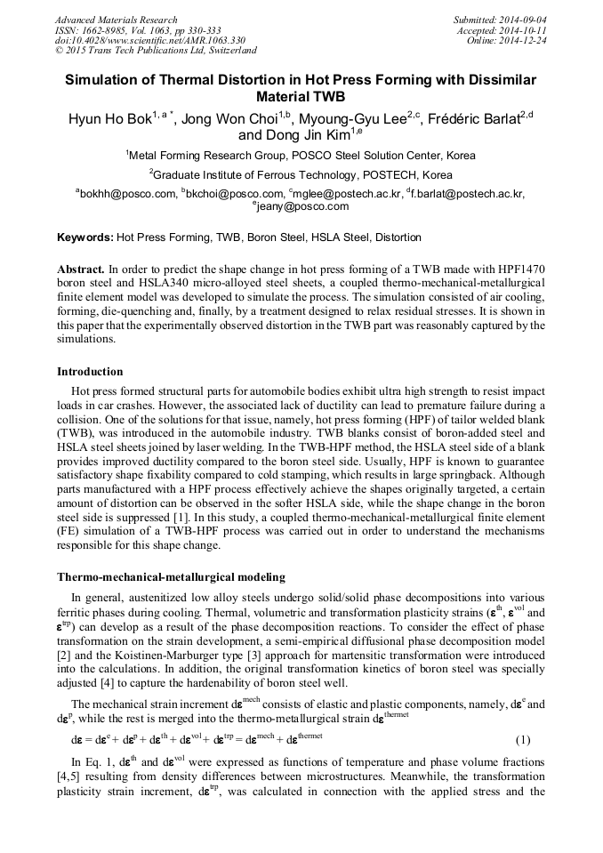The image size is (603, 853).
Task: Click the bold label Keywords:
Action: (84, 237)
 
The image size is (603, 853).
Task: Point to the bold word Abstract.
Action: (81, 268)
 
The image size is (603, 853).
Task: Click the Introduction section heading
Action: (90, 371)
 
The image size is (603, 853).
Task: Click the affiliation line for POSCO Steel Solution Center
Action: (301, 156)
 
